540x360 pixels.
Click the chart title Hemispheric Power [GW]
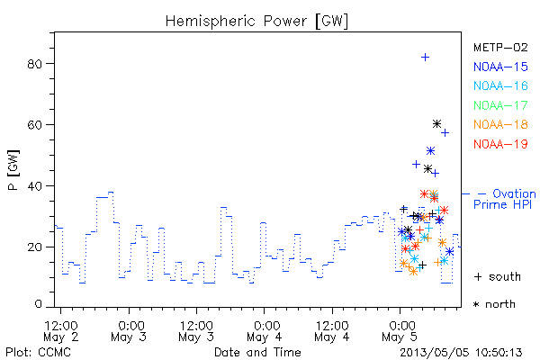[x=256, y=22]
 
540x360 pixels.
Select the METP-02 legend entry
[x=500, y=47]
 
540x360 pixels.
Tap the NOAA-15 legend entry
[x=500, y=67]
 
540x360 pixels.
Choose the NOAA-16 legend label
[x=500, y=85]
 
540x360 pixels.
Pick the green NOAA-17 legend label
[x=500, y=105]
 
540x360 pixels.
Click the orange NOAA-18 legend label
[x=500, y=124]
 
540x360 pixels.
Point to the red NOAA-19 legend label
[x=500, y=144]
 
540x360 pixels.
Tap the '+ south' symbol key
[x=498, y=276]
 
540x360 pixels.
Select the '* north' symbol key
[x=494, y=304]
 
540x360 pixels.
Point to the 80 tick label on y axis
[x=34, y=64]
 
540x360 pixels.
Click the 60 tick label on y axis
[x=34, y=125]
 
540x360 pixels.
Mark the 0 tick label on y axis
[x=38, y=304]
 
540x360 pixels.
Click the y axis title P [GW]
[x=13, y=170]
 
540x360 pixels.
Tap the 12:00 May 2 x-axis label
[x=61, y=331]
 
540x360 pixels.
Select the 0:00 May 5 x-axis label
[x=400, y=331]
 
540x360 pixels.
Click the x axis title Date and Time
[x=257, y=353]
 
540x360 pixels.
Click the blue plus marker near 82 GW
[x=426, y=57]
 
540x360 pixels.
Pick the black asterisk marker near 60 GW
[x=436, y=123]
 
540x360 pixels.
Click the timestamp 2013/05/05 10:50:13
[x=461, y=353]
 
